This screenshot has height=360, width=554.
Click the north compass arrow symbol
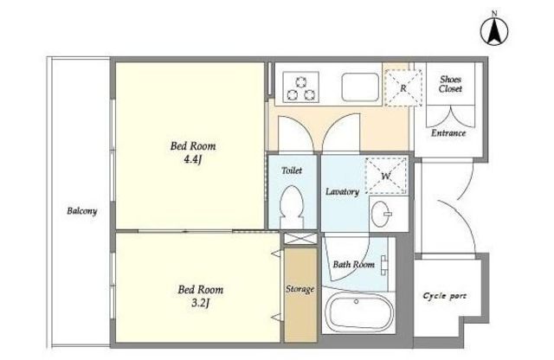(x=494, y=31)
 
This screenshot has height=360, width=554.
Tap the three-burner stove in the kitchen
(x=300, y=87)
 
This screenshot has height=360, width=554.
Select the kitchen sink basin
(x=360, y=87)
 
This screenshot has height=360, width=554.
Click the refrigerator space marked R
(x=403, y=87)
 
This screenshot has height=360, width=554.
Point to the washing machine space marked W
(x=386, y=175)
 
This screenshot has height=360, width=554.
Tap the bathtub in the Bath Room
(x=359, y=312)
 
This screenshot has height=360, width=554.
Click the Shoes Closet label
(x=450, y=84)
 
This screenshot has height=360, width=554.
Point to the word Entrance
(x=448, y=133)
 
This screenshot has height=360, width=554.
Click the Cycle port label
(x=444, y=296)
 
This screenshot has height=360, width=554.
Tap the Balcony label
(x=82, y=211)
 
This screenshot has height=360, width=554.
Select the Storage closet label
(x=300, y=289)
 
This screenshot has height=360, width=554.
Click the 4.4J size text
(x=192, y=160)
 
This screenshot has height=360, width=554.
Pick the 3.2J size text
(x=200, y=304)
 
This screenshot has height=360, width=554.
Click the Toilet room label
(x=292, y=170)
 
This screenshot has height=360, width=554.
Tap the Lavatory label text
(x=342, y=192)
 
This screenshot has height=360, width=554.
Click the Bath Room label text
(x=354, y=264)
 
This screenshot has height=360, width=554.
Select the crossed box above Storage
(x=300, y=238)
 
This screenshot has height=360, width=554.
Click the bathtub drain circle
(x=356, y=302)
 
